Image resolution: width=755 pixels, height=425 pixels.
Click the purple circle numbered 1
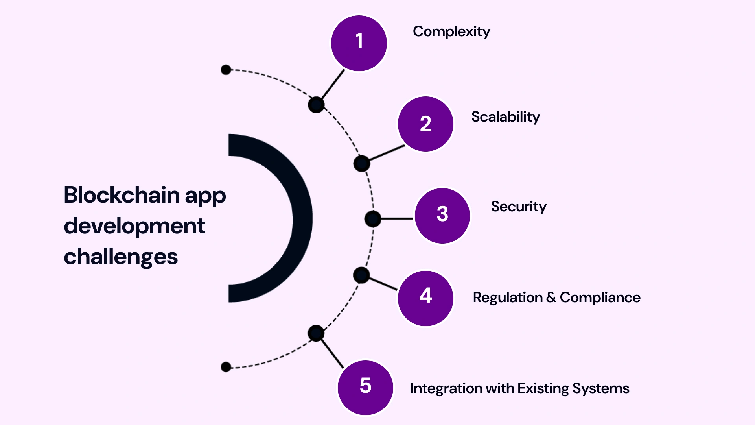pos(359,43)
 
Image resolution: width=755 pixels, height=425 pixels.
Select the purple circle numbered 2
pos(425,124)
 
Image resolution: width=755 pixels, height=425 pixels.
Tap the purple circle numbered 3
pos(442,216)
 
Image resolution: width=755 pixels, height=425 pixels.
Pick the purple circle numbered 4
pos(425,298)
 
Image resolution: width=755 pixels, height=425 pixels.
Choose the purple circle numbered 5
pos(365,388)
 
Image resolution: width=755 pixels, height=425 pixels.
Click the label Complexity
pos(451,31)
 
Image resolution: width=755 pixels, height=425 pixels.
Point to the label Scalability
pos(506,117)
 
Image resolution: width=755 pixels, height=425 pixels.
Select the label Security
pos(519,207)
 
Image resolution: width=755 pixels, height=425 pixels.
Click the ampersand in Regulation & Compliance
pos(551,297)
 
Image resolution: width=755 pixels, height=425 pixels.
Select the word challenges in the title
pos(121,257)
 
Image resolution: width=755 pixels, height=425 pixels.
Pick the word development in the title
pos(134,226)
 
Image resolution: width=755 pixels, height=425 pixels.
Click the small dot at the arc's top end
pos(226,70)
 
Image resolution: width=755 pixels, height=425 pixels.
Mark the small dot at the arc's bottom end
pos(226,367)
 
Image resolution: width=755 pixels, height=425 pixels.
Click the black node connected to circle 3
pos(373,219)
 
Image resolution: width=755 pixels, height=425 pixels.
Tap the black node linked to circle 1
pos(316,105)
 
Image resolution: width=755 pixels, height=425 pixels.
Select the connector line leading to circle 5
pos(332,353)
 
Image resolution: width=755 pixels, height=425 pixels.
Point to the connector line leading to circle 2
pos(387,153)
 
